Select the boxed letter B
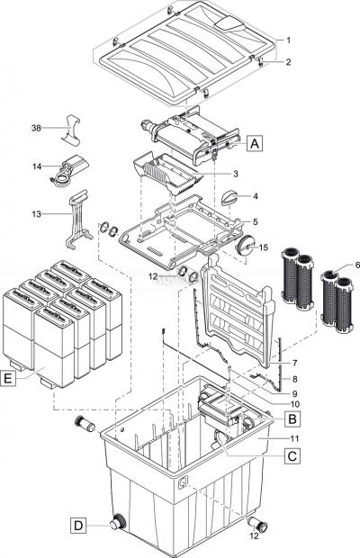[292, 418]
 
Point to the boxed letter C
[292, 456]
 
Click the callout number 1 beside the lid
[287, 40]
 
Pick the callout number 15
[265, 247]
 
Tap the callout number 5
[255, 221]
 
